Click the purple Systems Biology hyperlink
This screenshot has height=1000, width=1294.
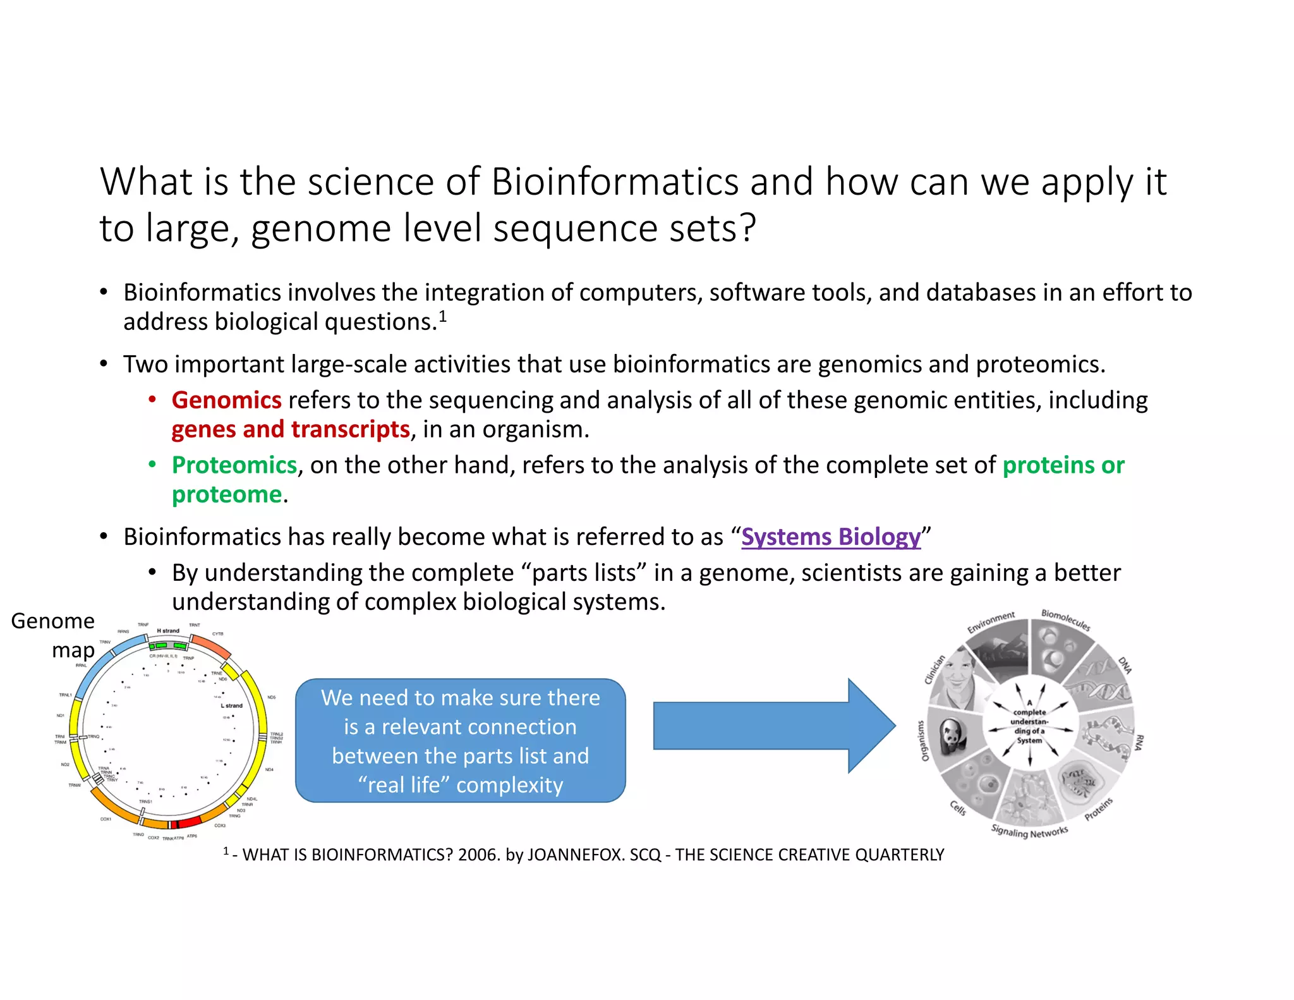(x=830, y=537)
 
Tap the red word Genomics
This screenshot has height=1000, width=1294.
(x=226, y=400)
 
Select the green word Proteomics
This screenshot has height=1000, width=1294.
(x=234, y=465)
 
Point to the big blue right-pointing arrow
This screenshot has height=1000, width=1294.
(x=773, y=726)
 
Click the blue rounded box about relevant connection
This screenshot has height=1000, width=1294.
(x=460, y=740)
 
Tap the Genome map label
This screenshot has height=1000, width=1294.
(x=54, y=635)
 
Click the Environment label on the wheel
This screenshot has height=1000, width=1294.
(x=991, y=622)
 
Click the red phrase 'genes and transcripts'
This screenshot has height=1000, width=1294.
(x=291, y=430)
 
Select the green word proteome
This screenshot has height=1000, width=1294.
(x=226, y=495)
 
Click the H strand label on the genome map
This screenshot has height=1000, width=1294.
(x=168, y=631)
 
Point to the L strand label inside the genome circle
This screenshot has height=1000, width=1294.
(x=231, y=705)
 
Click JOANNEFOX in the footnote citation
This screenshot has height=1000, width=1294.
(x=575, y=855)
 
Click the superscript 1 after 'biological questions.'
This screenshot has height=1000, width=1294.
(x=443, y=316)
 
